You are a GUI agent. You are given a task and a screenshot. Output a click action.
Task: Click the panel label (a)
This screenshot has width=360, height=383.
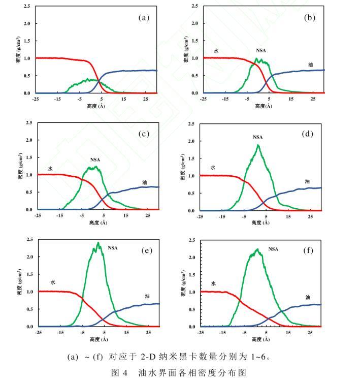(144, 17)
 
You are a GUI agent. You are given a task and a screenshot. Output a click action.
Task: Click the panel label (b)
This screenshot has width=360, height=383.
(309, 17)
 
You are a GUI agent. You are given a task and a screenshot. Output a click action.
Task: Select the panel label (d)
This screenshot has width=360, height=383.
(307, 135)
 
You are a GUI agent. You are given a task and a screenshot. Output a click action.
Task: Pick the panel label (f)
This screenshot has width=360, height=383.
(308, 250)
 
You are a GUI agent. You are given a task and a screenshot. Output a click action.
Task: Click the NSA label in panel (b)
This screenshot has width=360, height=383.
(261, 51)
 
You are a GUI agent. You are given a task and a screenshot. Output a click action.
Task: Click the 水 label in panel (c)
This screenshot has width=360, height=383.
(50, 168)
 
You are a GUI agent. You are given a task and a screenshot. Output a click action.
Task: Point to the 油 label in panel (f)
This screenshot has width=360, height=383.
(308, 297)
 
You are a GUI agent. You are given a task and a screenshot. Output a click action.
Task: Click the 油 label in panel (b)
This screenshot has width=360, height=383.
(310, 65)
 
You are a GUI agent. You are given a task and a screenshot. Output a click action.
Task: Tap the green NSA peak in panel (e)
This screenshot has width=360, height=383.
(98, 243)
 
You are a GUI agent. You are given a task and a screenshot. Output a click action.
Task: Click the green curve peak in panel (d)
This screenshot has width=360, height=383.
(258, 146)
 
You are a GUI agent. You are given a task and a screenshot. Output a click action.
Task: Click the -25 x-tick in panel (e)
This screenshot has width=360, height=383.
(38, 333)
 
